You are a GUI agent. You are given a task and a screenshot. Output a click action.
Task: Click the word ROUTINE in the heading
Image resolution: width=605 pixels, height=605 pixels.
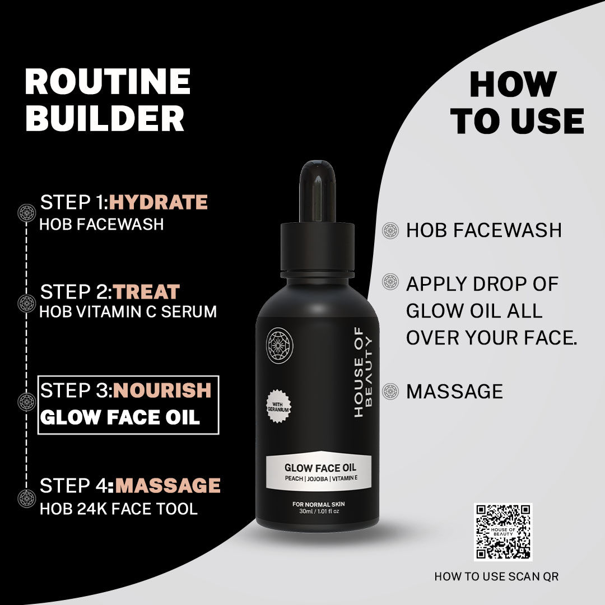108,82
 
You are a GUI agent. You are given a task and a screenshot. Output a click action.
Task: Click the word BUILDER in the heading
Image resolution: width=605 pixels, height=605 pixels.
105,118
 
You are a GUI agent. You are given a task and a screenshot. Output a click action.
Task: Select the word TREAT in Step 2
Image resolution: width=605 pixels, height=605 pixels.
147,291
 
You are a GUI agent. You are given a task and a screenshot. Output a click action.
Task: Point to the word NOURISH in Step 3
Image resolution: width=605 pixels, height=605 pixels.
162,390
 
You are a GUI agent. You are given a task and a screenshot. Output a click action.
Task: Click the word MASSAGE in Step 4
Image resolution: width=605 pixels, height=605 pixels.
167,486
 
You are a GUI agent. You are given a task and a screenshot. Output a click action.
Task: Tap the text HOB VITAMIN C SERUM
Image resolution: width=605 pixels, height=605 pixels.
128,312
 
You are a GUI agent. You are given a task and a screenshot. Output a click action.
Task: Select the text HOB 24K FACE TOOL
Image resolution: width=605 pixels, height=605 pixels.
118,509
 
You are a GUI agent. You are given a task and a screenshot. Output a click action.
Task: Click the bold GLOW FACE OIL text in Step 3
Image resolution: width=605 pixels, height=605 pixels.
120,417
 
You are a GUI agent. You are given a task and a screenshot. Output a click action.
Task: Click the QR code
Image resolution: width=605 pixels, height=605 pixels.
502,532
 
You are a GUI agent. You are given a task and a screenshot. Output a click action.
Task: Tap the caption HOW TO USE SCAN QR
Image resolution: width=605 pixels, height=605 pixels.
496,576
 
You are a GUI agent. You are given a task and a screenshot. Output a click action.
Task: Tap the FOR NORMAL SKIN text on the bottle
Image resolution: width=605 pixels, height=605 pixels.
319,504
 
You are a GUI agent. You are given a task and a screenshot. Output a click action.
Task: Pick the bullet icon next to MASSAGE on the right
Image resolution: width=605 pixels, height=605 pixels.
390,390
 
